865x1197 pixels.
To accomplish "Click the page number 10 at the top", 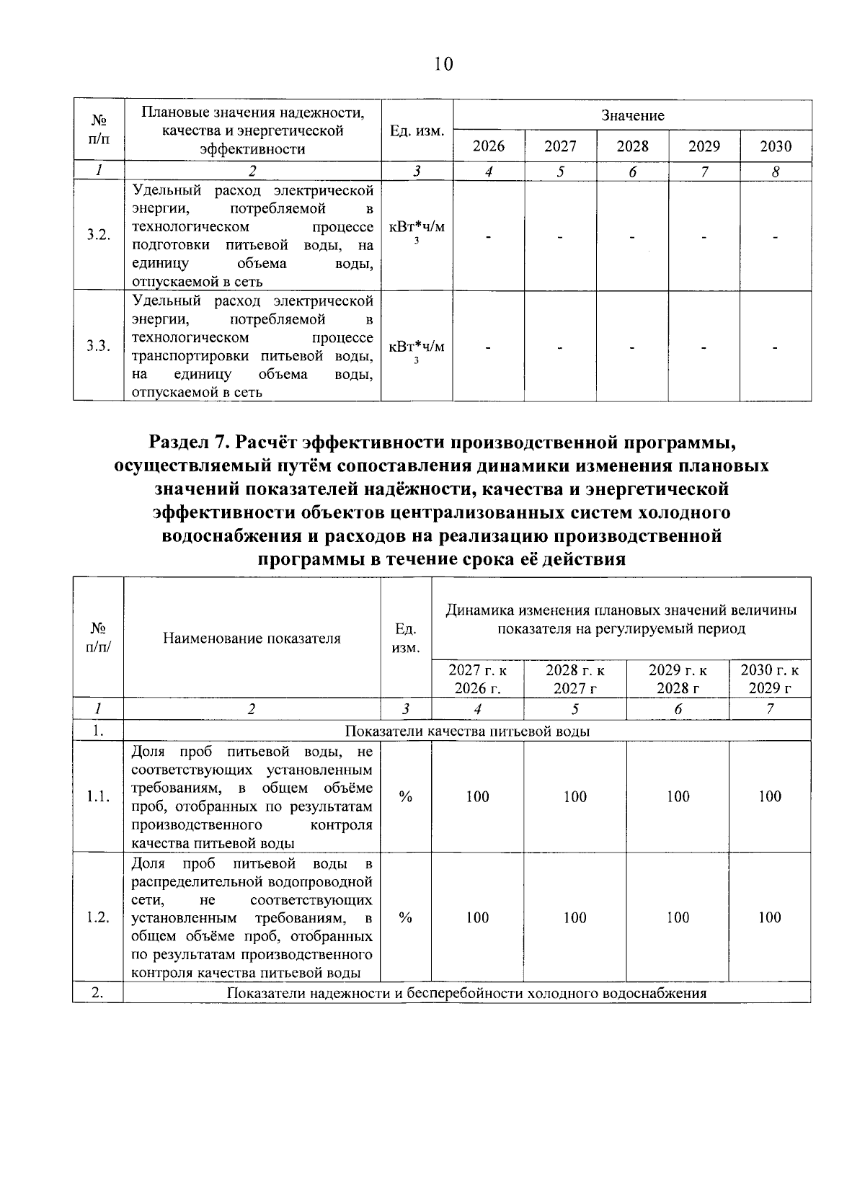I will (443, 65).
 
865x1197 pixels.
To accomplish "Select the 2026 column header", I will (488, 146).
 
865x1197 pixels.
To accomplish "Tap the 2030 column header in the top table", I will (776, 146).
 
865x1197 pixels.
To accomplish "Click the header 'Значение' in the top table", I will (632, 115).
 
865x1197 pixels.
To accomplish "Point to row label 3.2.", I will (98, 236).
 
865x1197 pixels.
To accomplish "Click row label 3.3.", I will (98, 347).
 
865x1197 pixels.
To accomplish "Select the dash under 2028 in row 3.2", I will (632, 237).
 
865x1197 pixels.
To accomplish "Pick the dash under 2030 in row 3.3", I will (776, 348).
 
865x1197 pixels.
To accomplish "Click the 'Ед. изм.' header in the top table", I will (417, 131).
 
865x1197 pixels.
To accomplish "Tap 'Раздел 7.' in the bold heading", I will (189, 441).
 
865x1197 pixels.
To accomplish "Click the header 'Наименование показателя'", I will (252, 638).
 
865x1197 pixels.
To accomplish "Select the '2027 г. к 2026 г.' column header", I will (477, 679).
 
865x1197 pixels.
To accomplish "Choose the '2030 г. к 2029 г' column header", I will (770, 679).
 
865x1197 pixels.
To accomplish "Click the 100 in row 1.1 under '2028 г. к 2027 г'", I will (575, 796).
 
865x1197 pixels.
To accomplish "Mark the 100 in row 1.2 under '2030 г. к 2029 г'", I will (770, 917).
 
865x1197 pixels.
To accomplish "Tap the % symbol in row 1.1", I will (406, 796).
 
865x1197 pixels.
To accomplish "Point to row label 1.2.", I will (98, 917).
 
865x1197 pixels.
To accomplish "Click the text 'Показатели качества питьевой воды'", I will (467, 731).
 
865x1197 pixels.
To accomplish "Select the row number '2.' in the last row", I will (98, 993).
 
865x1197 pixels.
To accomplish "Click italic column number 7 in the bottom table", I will (770, 709).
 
